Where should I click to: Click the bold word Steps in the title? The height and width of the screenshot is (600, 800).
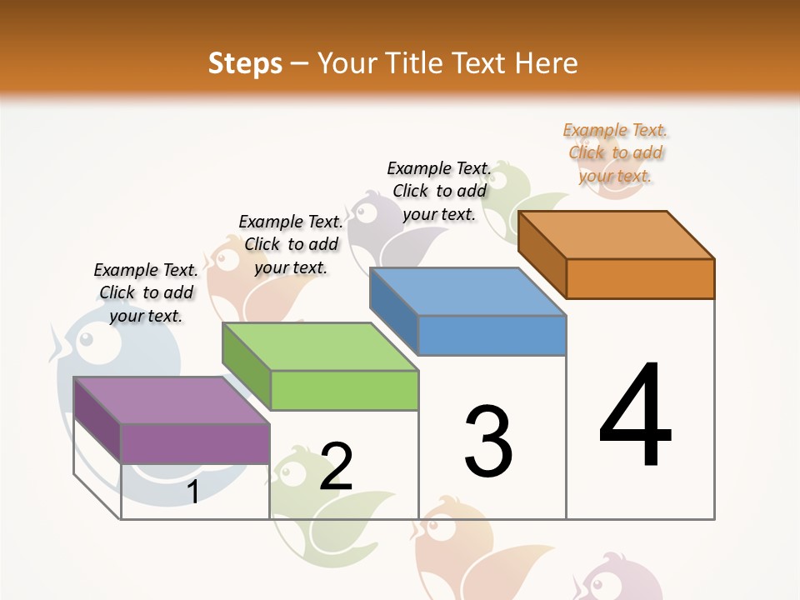245,63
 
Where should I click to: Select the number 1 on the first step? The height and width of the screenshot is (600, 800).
192,492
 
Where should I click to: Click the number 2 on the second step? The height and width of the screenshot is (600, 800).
336,467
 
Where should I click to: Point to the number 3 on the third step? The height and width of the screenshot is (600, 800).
488,442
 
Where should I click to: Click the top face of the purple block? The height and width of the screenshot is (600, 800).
171,400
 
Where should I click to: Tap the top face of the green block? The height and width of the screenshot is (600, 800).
319,347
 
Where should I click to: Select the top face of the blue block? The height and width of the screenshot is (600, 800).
467,292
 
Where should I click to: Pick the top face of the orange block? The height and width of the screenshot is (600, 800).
616,235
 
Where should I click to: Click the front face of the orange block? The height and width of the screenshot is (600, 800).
640,278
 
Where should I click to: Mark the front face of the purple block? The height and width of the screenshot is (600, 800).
195,443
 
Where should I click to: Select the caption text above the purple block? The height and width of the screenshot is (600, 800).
146,292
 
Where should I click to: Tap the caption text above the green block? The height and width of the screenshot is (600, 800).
291,244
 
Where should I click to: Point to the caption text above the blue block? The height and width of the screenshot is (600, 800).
439,191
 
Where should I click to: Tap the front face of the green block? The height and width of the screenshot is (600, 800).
344,390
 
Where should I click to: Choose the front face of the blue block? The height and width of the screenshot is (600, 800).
492,335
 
